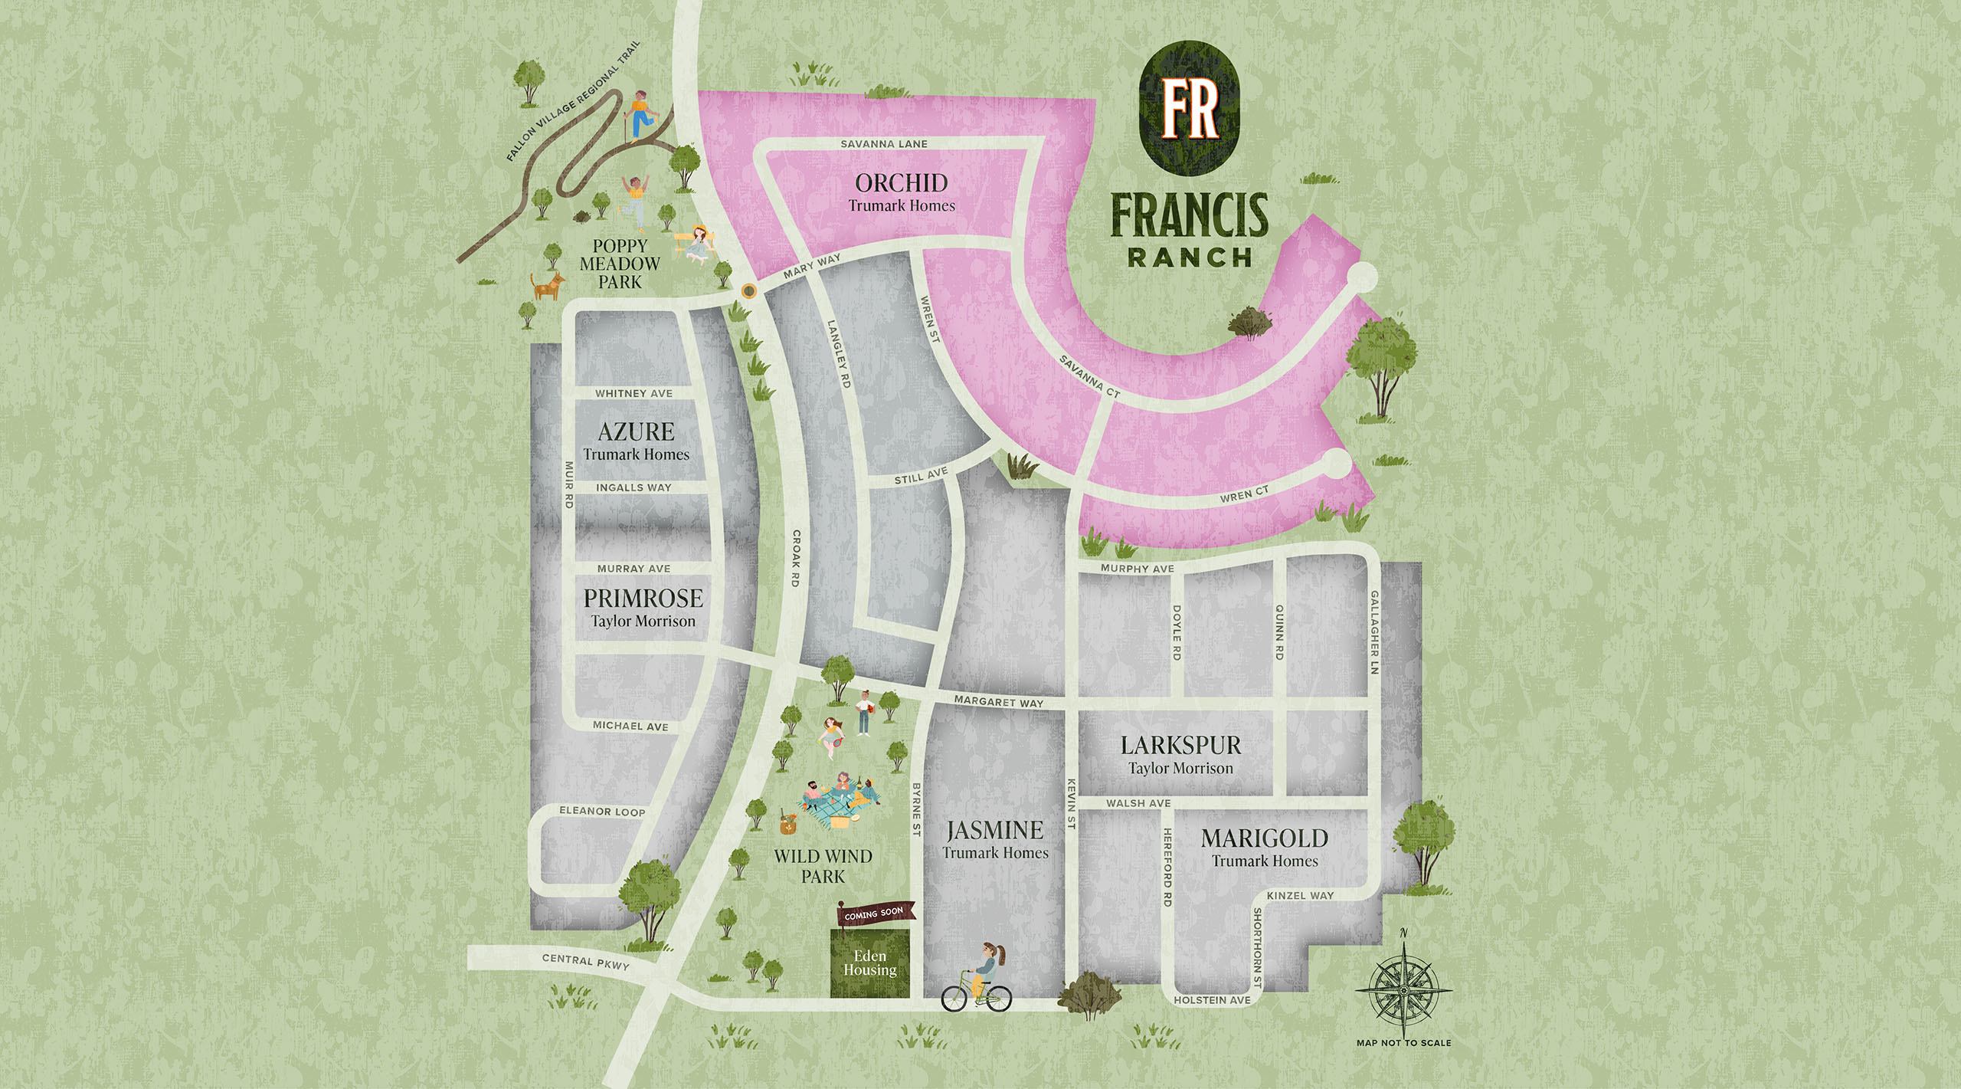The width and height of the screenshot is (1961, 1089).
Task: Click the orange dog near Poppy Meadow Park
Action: point(548,285)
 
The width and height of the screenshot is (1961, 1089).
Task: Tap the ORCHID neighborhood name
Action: point(902,183)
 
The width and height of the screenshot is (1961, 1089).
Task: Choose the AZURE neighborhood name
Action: point(636,431)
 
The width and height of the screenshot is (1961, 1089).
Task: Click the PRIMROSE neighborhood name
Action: point(643,599)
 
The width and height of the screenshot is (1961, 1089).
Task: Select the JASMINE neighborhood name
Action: point(995,830)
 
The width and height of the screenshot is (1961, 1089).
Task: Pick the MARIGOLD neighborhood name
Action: point(1265,838)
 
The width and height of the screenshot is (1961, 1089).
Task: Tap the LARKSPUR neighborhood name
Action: point(1180,745)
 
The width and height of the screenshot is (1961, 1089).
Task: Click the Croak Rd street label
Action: point(796,559)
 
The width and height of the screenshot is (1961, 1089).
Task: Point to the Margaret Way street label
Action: point(998,701)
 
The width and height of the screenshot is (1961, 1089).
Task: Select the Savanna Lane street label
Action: point(884,144)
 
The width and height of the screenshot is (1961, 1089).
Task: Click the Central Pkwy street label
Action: point(585,962)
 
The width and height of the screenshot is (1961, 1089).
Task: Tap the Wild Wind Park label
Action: point(823,866)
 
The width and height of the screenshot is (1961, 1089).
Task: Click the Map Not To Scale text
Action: point(1403,1043)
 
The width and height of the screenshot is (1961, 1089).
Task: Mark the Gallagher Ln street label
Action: point(1374,632)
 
